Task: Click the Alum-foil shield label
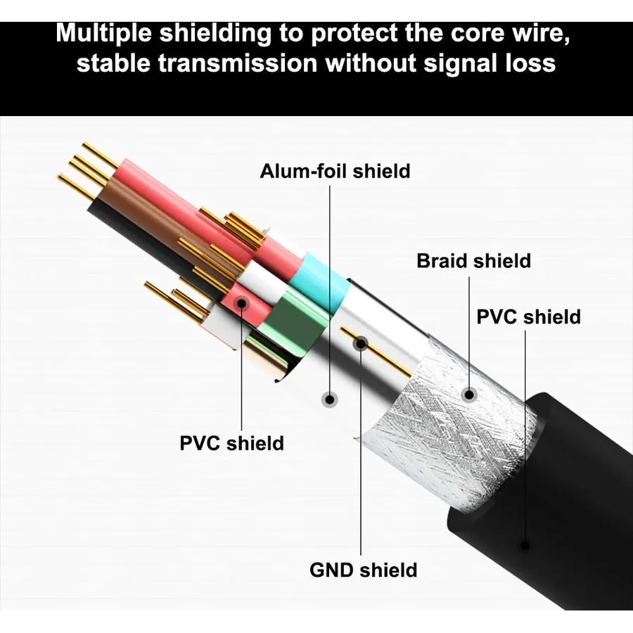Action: coord(335,171)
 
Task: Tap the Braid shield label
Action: coord(473,261)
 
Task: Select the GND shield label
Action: coord(364,570)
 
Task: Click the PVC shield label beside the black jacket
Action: coord(528,316)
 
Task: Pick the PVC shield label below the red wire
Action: coord(231,443)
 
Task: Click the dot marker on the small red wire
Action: coord(242,302)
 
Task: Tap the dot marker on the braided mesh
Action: coord(469,394)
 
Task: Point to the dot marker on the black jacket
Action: coord(525,545)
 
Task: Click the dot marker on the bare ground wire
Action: coord(361,344)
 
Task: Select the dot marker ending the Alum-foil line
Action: coord(330,399)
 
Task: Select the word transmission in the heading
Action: coord(238,63)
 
